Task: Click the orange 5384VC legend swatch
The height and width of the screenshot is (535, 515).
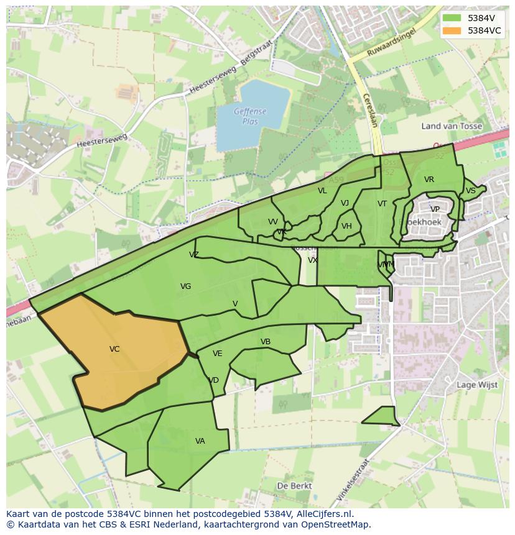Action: click(x=452, y=30)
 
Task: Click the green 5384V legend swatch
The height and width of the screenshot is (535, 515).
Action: click(x=452, y=18)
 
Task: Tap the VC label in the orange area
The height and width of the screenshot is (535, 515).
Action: click(x=114, y=349)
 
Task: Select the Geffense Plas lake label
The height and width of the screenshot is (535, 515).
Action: click(x=250, y=117)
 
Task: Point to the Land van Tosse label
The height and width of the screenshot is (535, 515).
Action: click(x=452, y=126)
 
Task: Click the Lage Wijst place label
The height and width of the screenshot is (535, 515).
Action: click(x=477, y=385)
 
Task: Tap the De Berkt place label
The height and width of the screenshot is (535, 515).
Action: click(x=294, y=486)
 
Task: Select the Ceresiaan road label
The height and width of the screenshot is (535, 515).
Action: click(x=369, y=110)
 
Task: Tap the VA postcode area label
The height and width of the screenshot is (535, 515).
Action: click(x=200, y=441)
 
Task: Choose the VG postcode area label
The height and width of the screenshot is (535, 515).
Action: click(x=185, y=286)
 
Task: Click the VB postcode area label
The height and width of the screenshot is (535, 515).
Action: click(x=266, y=342)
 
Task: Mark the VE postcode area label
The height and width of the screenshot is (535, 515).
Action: click(x=217, y=354)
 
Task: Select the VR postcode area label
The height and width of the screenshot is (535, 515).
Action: click(x=429, y=180)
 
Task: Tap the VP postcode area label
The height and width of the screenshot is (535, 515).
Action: click(x=435, y=209)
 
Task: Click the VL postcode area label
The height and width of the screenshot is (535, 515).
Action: click(x=322, y=191)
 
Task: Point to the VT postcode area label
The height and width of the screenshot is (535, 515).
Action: click(x=382, y=204)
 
